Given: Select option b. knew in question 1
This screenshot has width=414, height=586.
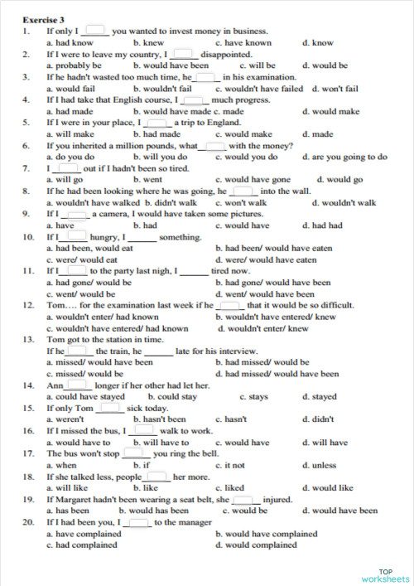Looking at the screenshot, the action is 148,41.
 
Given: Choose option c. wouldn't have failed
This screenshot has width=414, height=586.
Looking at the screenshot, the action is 259,88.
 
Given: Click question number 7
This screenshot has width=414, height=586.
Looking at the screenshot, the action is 26,167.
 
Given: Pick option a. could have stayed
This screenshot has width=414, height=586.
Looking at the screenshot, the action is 85,396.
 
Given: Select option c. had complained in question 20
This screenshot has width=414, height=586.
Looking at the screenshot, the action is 81,545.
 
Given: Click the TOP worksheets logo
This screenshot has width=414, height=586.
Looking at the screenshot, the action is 385,575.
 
